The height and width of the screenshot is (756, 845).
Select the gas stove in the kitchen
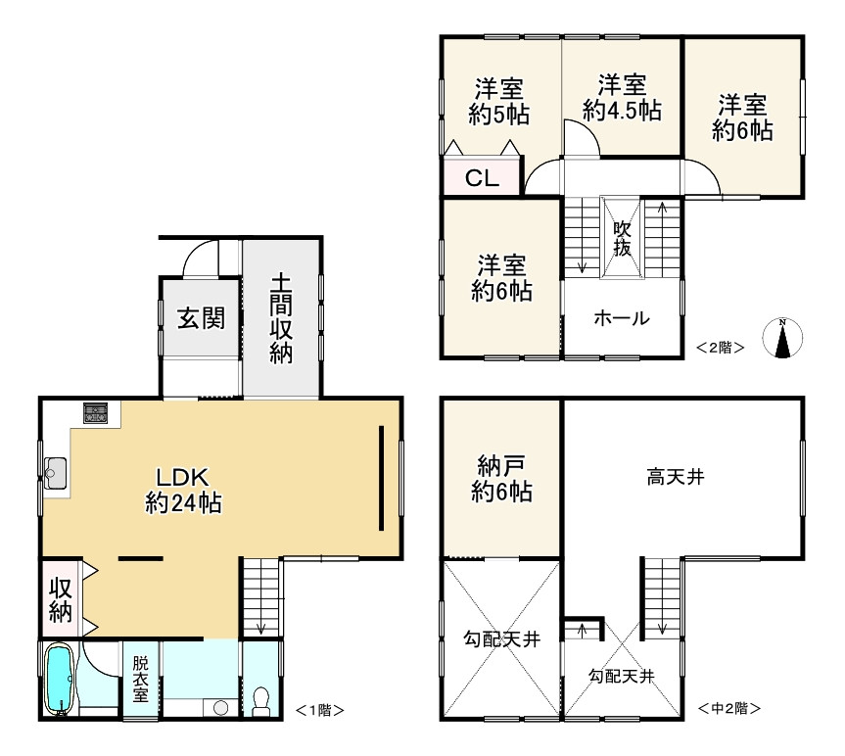pos(95,413)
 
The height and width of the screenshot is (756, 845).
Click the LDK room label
pos(182,490)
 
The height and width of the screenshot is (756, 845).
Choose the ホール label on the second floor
pos(621,317)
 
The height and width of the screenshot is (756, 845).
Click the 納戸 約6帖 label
pos(501,479)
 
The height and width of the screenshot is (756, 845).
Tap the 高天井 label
pos(676,478)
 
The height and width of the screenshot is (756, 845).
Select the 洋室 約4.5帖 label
pos(622,97)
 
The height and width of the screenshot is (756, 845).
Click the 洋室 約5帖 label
pos(499,101)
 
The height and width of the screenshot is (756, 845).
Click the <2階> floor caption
pos(721,346)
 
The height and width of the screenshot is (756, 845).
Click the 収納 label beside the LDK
pos(61,598)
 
